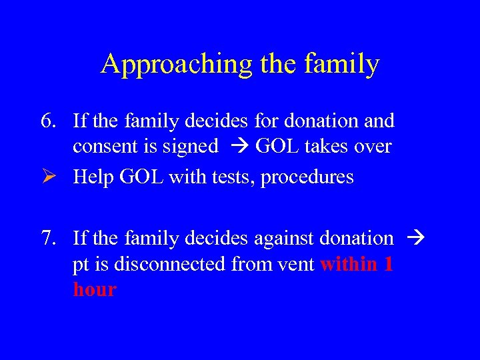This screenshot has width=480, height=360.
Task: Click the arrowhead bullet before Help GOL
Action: pos(48,177)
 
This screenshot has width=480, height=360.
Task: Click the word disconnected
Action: pos(169,264)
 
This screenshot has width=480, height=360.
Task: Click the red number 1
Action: pos(387,264)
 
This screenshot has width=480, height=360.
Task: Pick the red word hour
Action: pos(95,290)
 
